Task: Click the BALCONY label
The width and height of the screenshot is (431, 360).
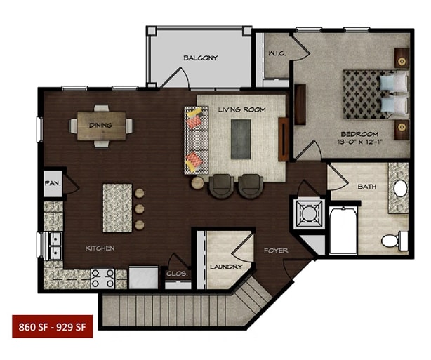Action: (x=200, y=58)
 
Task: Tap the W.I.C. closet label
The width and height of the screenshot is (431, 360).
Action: (x=277, y=53)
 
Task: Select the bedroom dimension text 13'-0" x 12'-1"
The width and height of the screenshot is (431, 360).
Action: (x=360, y=142)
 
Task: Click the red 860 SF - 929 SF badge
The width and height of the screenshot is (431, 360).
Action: (x=52, y=326)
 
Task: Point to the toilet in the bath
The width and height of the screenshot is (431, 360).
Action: (x=394, y=241)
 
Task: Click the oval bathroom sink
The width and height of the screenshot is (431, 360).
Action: (x=401, y=188)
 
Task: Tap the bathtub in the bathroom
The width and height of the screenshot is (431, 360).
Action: (x=343, y=230)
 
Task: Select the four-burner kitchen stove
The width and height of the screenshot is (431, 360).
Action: (x=102, y=278)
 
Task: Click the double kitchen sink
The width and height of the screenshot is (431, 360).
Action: (x=55, y=246)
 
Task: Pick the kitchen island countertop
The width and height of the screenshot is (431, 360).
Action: (x=117, y=208)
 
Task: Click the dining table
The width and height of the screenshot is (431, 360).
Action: (x=101, y=126)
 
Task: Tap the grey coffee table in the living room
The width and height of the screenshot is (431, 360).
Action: (x=241, y=139)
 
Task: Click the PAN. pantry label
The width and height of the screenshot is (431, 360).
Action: (x=53, y=183)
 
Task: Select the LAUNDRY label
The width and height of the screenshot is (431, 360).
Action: (x=226, y=267)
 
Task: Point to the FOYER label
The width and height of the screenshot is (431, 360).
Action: (x=276, y=251)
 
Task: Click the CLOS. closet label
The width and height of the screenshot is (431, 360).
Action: (x=177, y=274)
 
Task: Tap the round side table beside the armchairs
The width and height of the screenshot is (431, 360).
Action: (x=198, y=182)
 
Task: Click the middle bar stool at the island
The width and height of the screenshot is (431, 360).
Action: (x=140, y=209)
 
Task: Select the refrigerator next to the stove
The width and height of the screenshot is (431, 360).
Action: (x=143, y=277)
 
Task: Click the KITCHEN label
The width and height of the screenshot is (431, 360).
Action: (x=100, y=248)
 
